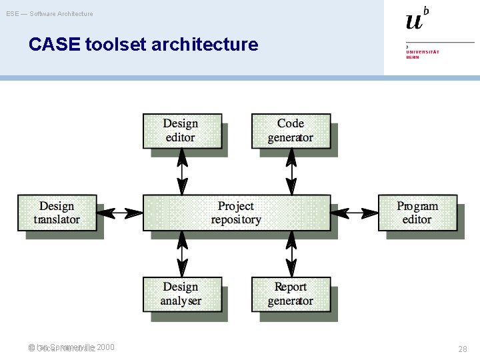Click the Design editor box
tap(181, 131)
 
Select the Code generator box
tap(291, 131)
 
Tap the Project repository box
tap(237, 213)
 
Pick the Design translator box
tap(57, 213)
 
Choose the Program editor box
tap(417, 213)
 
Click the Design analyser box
tap(181, 294)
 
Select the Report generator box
tap(291, 294)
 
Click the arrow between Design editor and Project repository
tap(181, 171)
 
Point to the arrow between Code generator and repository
tap(291, 171)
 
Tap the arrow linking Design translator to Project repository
tap(120, 213)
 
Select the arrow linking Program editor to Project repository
tap(354, 213)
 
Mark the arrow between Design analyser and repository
tap(181, 254)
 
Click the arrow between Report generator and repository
tap(291, 254)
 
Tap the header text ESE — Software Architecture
tap(50, 13)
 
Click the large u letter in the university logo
tap(414, 21)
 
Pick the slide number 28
tap(463, 349)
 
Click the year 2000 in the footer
tap(105, 347)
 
